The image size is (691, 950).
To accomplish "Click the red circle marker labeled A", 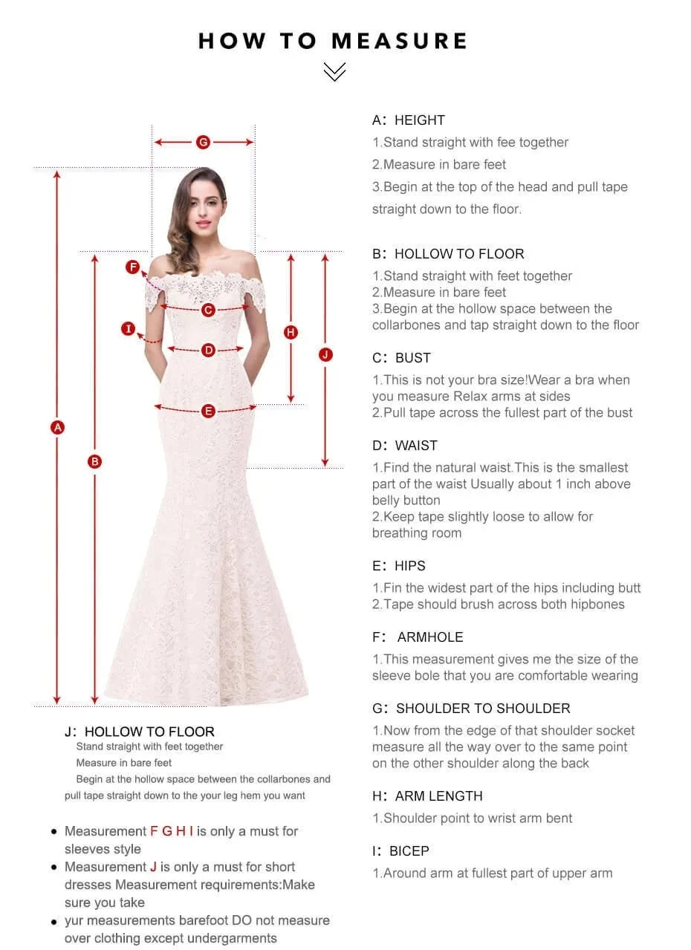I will [57, 427].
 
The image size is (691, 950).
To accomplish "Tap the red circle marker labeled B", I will [94, 461].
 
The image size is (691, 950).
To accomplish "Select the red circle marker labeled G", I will [203, 142].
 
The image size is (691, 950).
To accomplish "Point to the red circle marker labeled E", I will [208, 411].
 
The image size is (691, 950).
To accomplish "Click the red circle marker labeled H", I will [291, 332].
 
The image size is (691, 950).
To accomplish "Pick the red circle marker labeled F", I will [133, 267].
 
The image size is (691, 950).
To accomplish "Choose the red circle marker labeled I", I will [129, 328].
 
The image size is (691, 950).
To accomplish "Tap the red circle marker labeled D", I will [208, 350].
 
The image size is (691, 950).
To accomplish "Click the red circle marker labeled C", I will [208, 310].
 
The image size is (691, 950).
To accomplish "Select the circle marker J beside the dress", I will [325, 354].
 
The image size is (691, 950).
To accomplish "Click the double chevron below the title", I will [335, 71].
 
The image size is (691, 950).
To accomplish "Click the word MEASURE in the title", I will [400, 41].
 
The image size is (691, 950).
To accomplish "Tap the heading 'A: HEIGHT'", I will [409, 120].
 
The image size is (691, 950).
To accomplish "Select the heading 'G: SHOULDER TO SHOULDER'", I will [471, 709].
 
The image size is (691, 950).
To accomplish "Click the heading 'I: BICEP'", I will [400, 851].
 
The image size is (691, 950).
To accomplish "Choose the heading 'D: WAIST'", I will [405, 446].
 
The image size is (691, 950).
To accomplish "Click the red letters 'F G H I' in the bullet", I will [172, 831].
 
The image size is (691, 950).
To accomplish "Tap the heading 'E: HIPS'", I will [399, 566].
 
